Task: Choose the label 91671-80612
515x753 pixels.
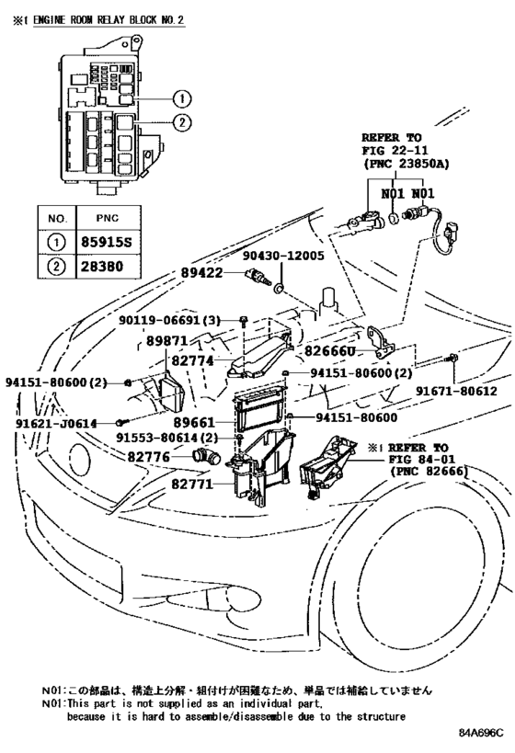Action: [x=466, y=390]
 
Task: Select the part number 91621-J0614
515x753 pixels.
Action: [x=56, y=423]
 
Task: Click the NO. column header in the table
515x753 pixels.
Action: [x=57, y=220]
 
